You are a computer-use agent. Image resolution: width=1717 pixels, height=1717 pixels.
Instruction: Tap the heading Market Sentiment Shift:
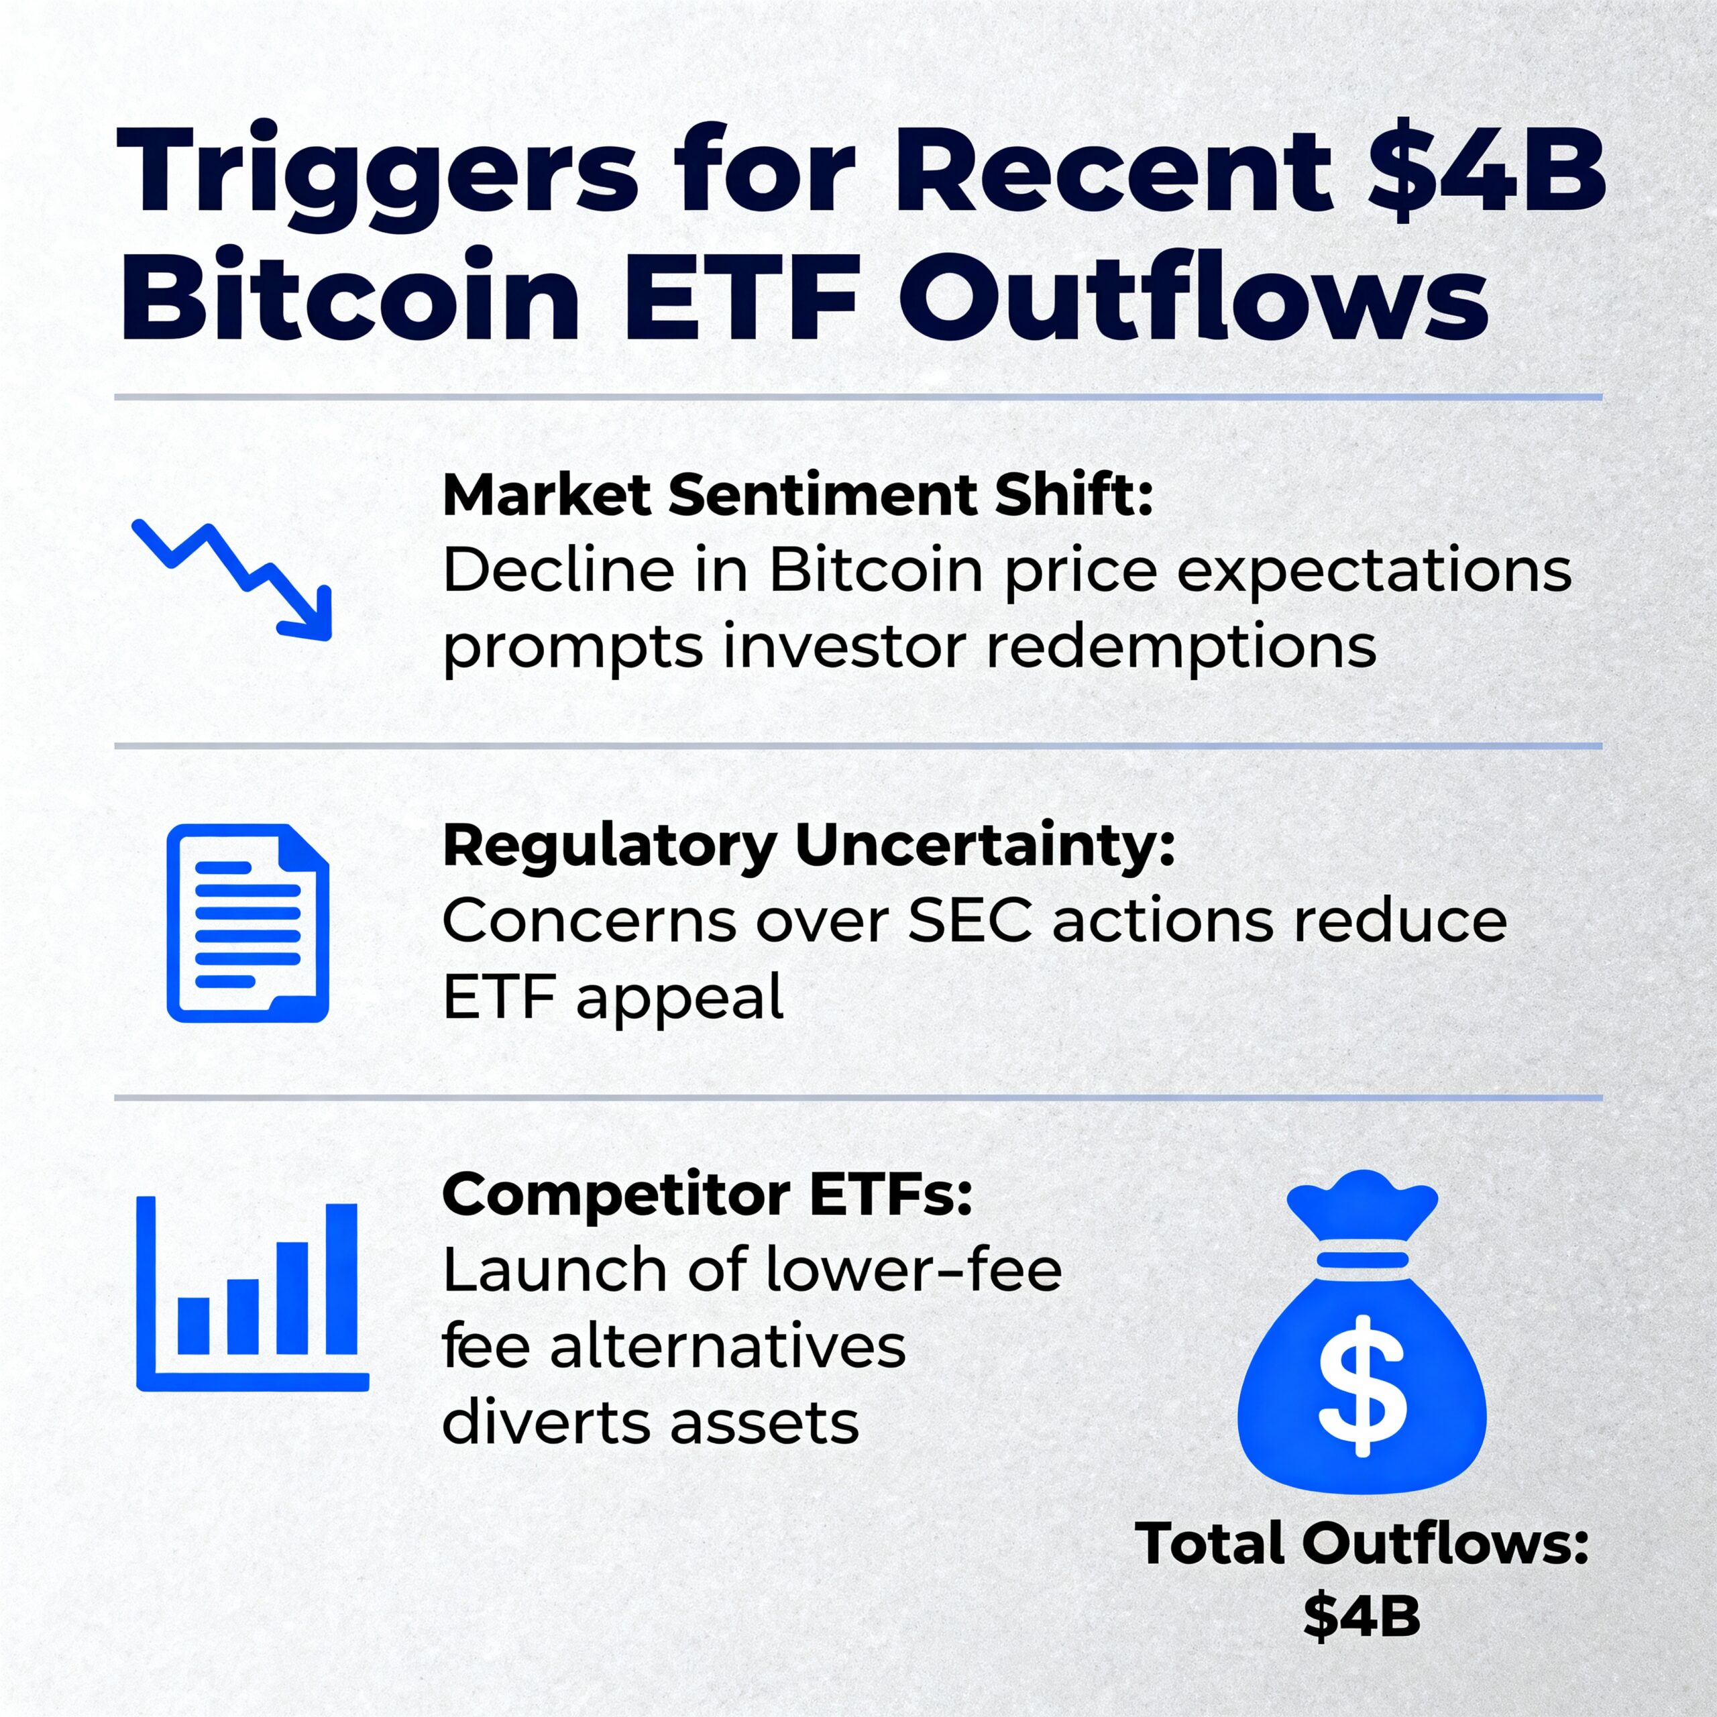tap(797, 494)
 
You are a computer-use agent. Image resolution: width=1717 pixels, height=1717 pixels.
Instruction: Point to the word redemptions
tap(1181, 645)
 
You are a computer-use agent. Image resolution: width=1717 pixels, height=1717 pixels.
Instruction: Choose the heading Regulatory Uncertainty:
tap(809, 844)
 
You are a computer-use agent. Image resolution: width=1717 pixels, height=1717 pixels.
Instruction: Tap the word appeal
tap(680, 998)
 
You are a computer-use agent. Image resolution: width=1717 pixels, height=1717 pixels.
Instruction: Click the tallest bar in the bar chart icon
tap(341, 1278)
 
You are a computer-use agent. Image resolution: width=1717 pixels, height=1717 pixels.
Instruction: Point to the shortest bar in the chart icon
tap(194, 1325)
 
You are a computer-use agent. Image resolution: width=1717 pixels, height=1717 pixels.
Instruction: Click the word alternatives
tap(727, 1345)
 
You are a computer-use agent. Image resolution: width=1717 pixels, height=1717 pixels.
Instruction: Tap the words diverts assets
tap(650, 1422)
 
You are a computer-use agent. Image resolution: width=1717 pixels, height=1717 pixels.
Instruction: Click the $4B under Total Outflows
tap(1361, 1616)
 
